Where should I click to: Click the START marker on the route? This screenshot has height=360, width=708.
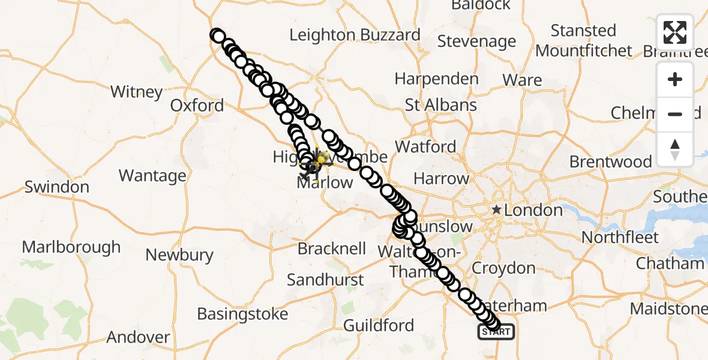496,332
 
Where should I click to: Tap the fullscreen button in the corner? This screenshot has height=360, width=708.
675,32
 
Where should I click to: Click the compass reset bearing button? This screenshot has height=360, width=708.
675,149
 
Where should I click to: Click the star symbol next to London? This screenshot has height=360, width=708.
497,210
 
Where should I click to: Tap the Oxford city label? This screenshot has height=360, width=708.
197,106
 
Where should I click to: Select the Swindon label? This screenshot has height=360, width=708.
57,187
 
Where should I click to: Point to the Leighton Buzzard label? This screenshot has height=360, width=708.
355,35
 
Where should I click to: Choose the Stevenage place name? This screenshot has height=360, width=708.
476,41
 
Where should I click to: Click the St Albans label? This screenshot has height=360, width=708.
441,105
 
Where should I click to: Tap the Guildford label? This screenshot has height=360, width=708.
379,325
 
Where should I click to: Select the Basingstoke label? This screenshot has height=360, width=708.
242,313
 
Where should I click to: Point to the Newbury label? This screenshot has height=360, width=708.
179,255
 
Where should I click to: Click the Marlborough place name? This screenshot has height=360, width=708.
71,247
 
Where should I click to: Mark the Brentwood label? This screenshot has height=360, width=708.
610,161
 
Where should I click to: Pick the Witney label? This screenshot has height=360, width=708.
137,92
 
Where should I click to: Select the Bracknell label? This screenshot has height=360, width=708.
332,248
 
